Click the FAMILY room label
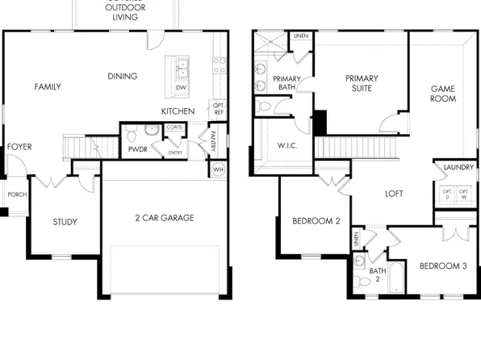click(x=48, y=86)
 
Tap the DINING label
click(x=122, y=77)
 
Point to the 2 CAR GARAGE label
click(x=165, y=218)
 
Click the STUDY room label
click(x=65, y=222)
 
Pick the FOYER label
click(x=19, y=147)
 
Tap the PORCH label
click(x=16, y=195)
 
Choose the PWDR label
click(x=135, y=150)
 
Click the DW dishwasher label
click(x=182, y=87)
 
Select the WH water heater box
click(x=218, y=170)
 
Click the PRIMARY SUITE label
click(x=362, y=83)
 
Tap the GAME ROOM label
click(x=442, y=94)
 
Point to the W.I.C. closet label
click(x=278, y=146)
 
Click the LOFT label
click(x=394, y=194)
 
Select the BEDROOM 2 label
click(x=316, y=221)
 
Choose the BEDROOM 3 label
click(x=443, y=266)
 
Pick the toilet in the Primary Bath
click(x=265, y=106)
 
